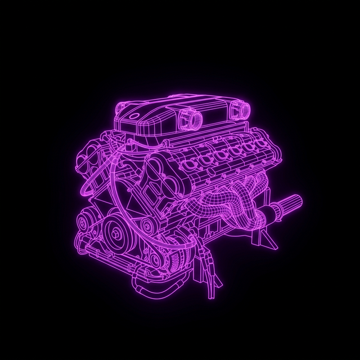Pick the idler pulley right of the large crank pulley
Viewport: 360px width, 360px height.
(148, 226)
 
